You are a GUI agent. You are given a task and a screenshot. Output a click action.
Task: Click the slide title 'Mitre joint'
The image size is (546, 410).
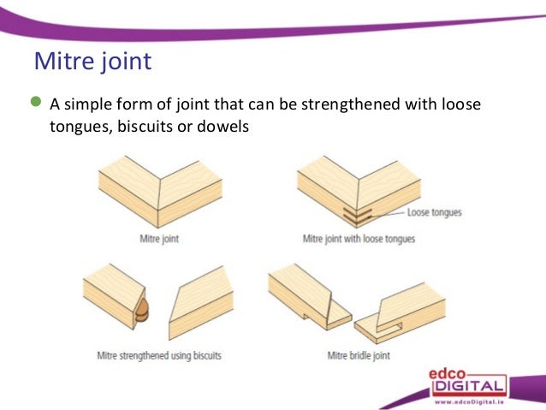click(92, 62)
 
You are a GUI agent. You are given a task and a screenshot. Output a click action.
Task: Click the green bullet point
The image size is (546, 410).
click(35, 104)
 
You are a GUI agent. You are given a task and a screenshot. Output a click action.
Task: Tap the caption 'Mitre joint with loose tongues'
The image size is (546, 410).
click(359, 239)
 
